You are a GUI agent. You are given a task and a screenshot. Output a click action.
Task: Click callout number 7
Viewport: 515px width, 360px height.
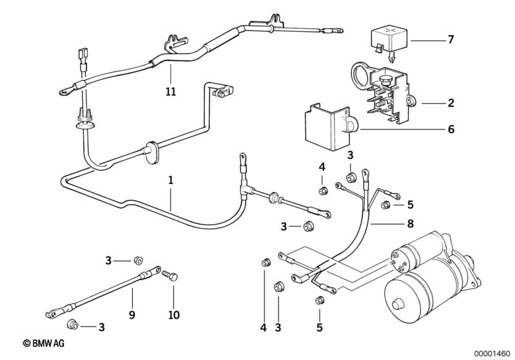tap(451, 39)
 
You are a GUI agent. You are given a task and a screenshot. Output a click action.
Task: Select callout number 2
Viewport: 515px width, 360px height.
tap(451, 102)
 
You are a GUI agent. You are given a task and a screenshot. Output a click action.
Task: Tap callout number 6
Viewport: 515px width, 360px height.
tap(451, 129)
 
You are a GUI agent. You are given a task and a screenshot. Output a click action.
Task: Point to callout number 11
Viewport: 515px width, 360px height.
tap(170, 92)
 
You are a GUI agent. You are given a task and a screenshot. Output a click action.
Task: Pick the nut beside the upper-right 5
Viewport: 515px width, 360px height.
tap(385, 205)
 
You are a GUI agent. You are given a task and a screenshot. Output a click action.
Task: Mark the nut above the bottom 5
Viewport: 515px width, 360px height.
tap(320, 301)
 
